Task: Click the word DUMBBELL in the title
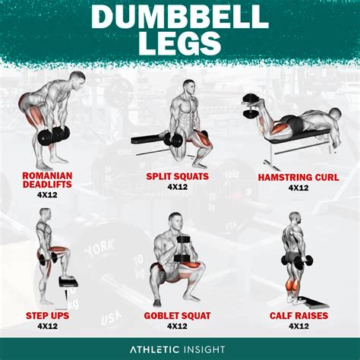(x=179, y=16)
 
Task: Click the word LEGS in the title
(x=179, y=43)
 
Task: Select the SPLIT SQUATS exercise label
(x=178, y=177)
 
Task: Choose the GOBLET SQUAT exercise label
(x=178, y=314)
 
